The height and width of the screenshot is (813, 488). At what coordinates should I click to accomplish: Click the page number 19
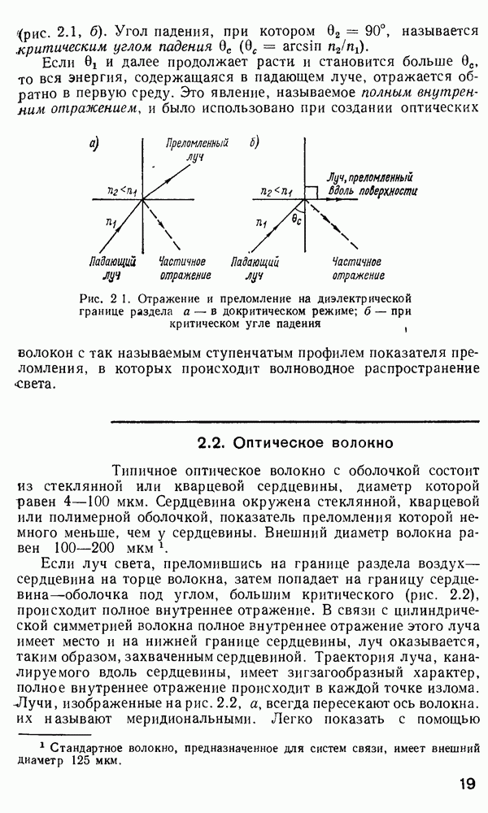pos(466,784)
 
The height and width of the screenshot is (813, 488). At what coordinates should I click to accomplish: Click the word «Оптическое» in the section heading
pos(281,443)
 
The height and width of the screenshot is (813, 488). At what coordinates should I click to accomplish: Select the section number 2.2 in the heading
pos(212,443)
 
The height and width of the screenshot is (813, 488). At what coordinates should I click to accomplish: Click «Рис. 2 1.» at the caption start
pos(95,298)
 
